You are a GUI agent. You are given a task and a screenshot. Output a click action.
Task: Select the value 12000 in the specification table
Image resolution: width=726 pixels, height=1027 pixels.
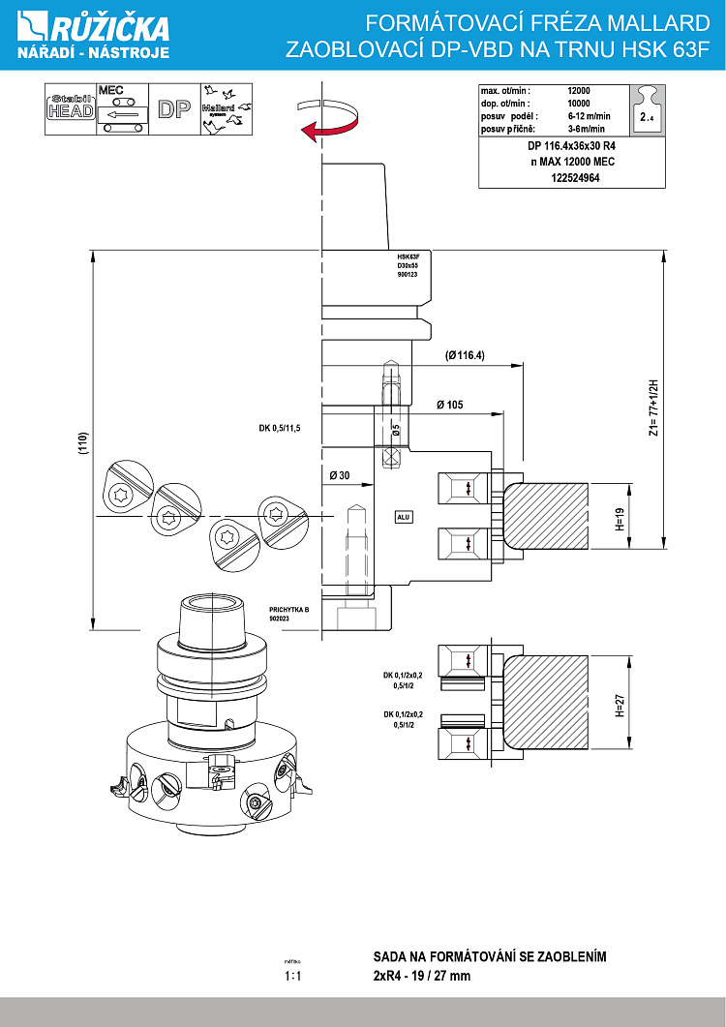click(578, 90)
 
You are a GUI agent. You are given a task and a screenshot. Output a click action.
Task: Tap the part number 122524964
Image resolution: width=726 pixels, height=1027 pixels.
click(574, 178)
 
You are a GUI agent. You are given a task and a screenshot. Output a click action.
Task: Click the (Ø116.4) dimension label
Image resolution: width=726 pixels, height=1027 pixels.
click(465, 355)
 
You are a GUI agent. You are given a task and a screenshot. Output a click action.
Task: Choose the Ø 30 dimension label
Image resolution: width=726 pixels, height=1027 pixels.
click(339, 475)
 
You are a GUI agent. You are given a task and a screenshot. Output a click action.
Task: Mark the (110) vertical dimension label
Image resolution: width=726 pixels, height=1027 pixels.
click(84, 442)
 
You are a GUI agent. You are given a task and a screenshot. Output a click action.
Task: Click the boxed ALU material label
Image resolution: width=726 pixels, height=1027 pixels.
click(404, 517)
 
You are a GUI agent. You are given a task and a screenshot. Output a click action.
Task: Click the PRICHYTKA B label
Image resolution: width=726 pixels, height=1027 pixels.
click(287, 610)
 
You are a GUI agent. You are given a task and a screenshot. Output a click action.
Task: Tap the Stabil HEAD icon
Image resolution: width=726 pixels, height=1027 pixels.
click(71, 108)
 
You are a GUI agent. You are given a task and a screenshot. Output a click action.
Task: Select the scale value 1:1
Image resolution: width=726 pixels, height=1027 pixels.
click(293, 977)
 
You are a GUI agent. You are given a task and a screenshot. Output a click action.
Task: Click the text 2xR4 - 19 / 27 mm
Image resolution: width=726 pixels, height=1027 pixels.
click(422, 976)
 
